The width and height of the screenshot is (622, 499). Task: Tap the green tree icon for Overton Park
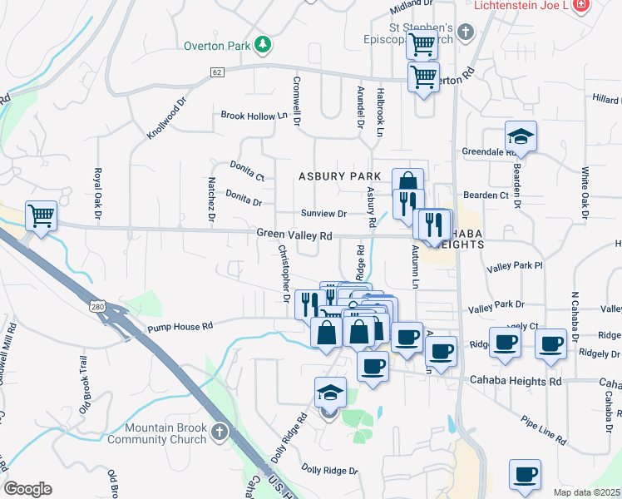263,44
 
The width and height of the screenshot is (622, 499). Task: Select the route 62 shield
217,72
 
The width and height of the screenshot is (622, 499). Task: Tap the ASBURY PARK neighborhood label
340,176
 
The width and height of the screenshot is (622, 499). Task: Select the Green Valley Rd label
294,236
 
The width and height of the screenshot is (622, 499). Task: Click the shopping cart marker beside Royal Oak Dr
41,216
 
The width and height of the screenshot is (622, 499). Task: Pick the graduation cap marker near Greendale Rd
521,137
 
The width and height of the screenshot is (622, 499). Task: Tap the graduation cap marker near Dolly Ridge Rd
330,393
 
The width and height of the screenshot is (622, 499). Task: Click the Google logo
27,489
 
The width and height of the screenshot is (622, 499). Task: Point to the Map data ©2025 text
586,492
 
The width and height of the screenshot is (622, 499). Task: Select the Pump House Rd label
175,327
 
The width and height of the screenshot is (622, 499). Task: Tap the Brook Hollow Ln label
247,116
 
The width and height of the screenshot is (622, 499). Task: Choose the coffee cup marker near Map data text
524,475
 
